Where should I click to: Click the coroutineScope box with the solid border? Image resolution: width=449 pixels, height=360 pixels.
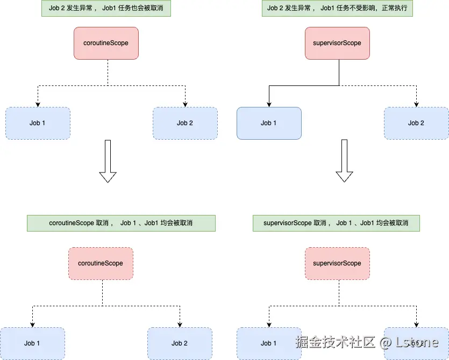106,43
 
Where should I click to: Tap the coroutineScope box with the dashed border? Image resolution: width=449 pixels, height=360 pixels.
101,263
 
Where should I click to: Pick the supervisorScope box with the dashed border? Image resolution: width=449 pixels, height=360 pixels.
337,263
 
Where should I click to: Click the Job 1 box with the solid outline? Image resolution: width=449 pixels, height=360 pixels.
269,123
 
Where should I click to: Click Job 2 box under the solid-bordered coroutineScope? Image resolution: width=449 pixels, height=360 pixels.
185,123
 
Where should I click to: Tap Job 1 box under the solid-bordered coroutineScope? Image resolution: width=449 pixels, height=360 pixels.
38,123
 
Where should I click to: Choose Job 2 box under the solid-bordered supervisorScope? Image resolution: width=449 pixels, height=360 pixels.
416,123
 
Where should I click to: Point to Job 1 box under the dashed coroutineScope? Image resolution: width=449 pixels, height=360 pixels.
32,343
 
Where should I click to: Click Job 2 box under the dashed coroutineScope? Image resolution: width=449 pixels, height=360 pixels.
180,343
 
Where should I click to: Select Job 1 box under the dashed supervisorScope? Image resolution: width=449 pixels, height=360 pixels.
269,343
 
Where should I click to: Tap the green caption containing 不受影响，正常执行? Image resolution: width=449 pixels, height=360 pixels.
337,9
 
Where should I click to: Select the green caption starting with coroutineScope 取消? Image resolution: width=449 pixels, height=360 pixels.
121,223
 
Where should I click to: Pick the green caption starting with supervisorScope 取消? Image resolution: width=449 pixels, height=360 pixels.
336,223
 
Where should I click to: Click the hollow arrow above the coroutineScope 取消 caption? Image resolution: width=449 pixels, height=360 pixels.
108,161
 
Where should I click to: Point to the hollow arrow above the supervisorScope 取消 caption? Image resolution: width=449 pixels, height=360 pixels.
344,161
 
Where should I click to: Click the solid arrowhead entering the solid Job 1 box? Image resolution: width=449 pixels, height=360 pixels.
269,104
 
